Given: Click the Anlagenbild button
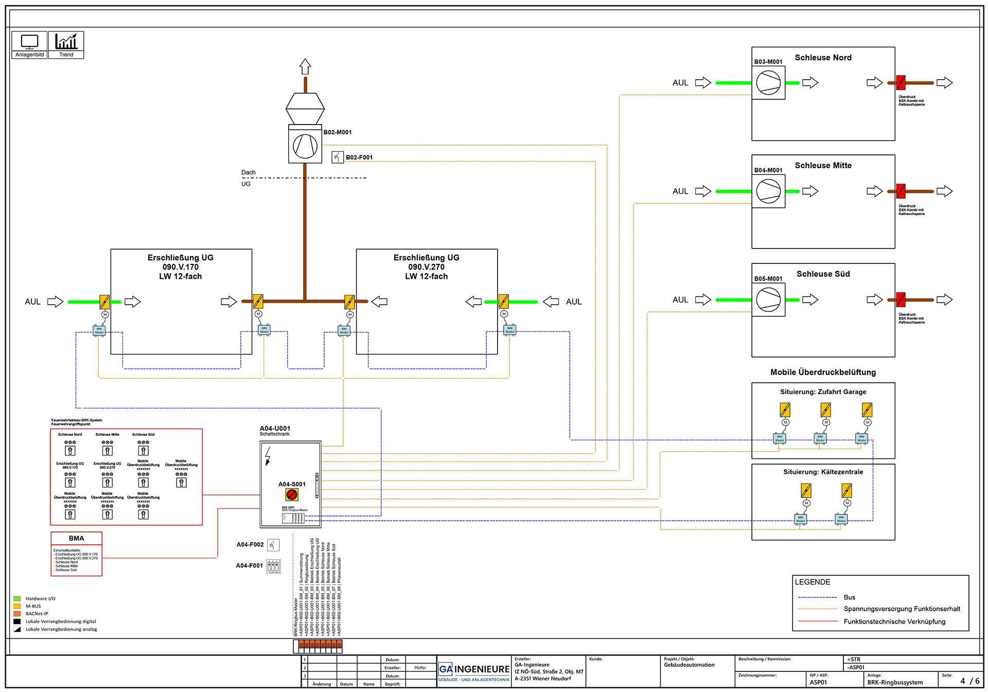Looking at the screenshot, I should click(29, 45).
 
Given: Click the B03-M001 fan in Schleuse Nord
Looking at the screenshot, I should click(768, 82).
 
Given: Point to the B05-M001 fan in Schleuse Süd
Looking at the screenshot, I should click(768, 299).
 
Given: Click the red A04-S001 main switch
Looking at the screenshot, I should click(292, 494).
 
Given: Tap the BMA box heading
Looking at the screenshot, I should click(76, 538).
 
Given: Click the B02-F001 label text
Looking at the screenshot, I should click(359, 157).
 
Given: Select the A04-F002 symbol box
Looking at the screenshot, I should click(273, 544).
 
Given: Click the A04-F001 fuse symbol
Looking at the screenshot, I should click(273, 566).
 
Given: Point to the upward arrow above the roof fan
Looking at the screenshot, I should click(305, 67).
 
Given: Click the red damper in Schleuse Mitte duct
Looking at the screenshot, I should click(901, 191).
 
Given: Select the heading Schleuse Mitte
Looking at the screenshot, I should click(823, 165).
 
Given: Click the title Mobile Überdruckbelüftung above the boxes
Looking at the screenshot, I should click(823, 372).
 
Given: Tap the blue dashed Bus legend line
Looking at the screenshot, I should click(817, 597).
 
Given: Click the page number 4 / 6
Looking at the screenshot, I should click(969, 681).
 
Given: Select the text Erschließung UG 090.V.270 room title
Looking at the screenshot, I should click(426, 267).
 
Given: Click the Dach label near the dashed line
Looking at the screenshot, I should click(248, 172).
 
